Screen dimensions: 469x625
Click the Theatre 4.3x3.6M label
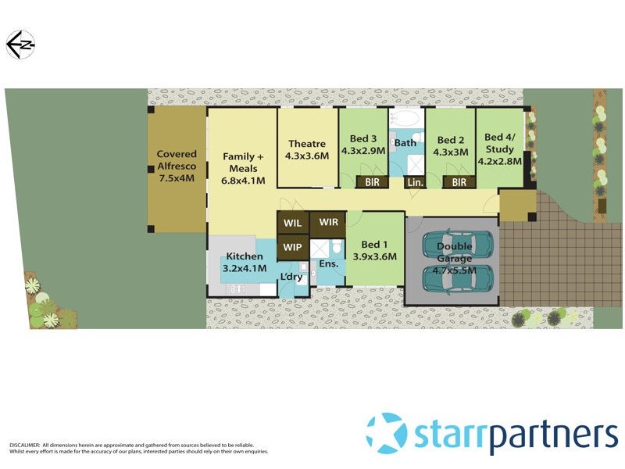pyautogui.click(x=307, y=149)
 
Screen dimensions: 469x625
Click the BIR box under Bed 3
pyautogui.click(x=372, y=182)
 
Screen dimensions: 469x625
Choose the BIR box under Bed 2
pyautogui.click(x=459, y=182)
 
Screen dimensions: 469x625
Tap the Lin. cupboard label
pyautogui.click(x=414, y=182)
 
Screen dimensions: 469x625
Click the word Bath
pyautogui.click(x=405, y=143)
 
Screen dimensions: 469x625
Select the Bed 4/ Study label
pyautogui.click(x=499, y=150)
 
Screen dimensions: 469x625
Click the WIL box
pyautogui.click(x=293, y=223)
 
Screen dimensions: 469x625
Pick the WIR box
pyautogui.click(x=328, y=222)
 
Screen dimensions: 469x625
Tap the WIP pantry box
pyautogui.click(x=293, y=247)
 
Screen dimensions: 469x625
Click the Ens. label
pyautogui.click(x=328, y=264)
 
